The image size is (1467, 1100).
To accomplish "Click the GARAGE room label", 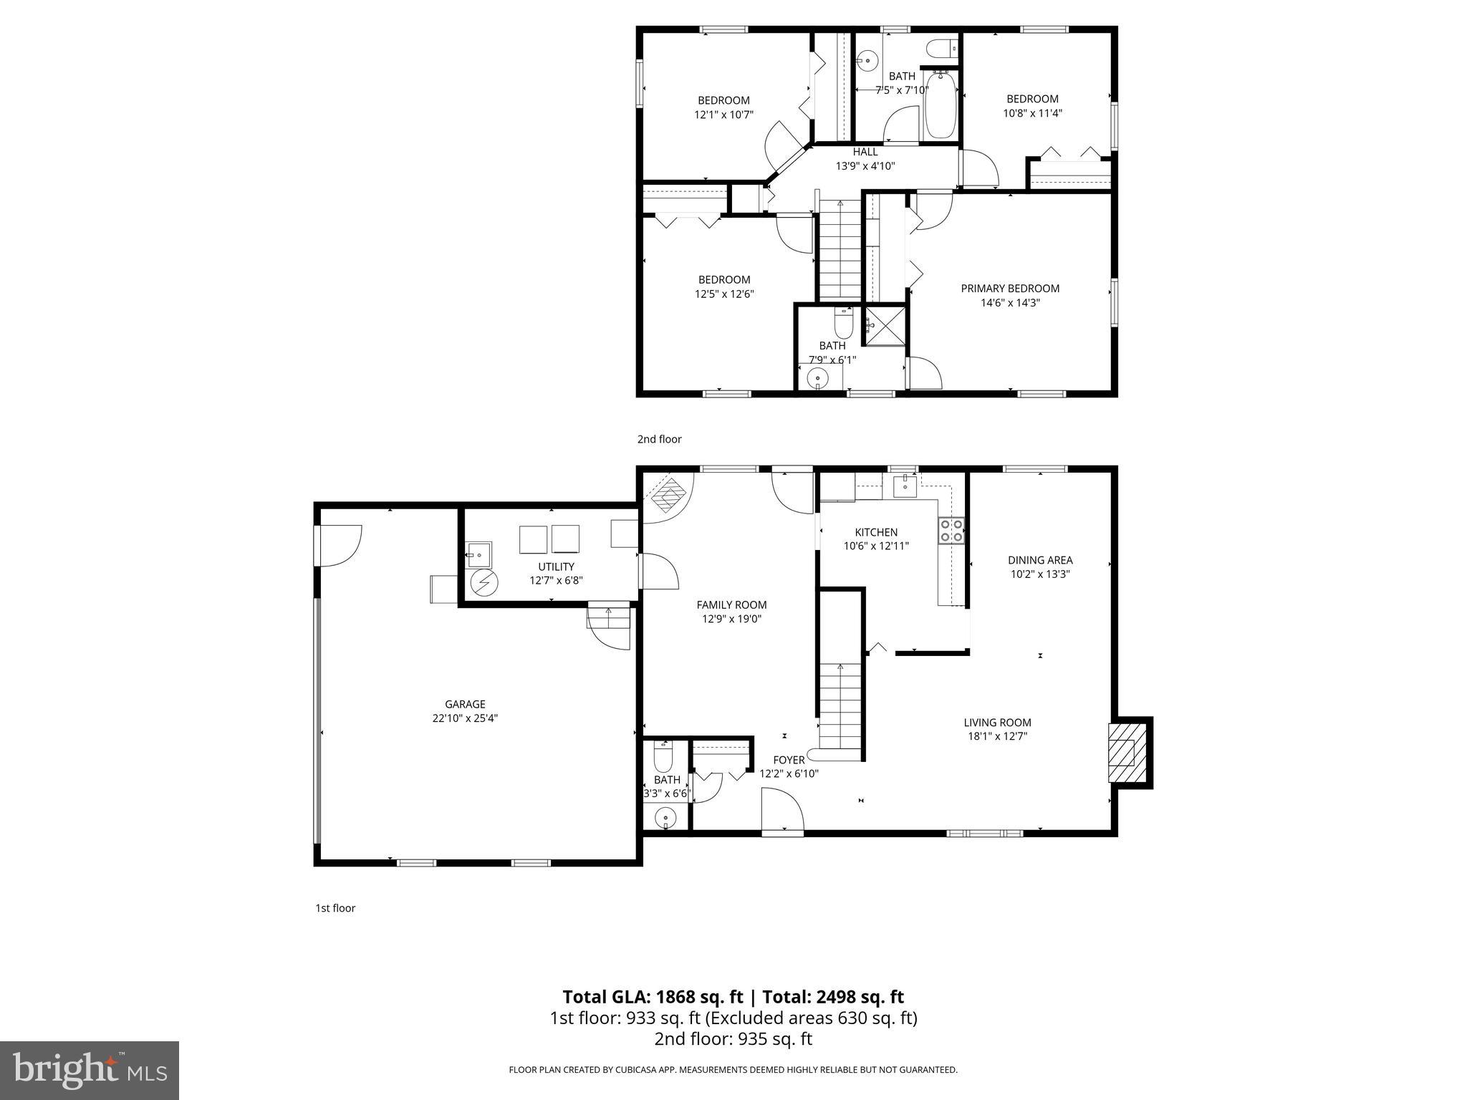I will (x=465, y=704).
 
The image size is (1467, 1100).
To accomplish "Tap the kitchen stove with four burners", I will (x=951, y=531).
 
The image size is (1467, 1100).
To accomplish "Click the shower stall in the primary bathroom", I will (x=885, y=327).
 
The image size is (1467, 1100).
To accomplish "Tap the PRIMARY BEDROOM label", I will (x=1010, y=289).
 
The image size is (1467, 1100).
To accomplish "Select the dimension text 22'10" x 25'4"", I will (x=465, y=718).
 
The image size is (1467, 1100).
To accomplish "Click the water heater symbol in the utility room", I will (x=484, y=583).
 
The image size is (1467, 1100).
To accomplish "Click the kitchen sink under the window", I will (x=905, y=486).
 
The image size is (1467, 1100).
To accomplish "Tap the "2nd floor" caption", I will (x=659, y=439).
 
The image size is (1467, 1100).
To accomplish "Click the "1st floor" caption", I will (x=335, y=908).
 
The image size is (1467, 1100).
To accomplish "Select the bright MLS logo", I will (x=90, y=1070).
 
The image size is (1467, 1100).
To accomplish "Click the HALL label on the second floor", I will (x=865, y=152).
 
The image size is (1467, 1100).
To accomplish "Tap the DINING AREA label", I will (x=1040, y=560).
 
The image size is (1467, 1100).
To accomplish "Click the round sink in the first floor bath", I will (x=666, y=817).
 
